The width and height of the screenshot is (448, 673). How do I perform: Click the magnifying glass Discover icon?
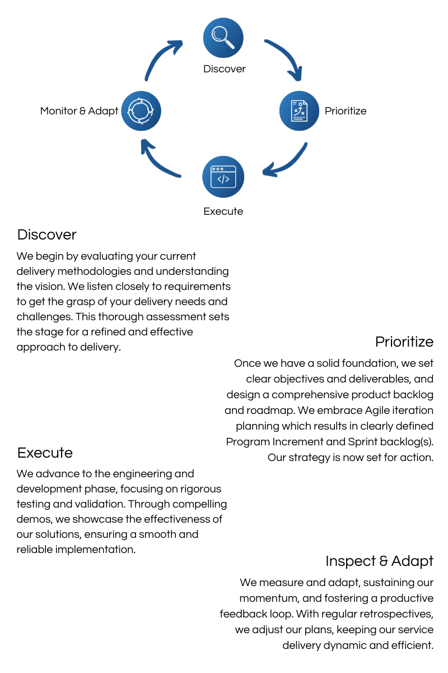[223, 38]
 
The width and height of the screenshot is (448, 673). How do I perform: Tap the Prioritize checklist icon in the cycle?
[299, 110]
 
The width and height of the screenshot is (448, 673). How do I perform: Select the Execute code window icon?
[223, 177]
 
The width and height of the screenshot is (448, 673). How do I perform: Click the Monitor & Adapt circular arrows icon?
[141, 110]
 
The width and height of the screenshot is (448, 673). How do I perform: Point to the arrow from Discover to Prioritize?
[285, 58]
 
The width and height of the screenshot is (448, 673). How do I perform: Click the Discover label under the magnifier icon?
[224, 69]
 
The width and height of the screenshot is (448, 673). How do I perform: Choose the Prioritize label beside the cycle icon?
[346, 111]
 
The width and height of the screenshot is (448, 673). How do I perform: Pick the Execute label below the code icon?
[223, 211]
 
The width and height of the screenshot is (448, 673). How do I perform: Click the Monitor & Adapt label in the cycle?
[79, 111]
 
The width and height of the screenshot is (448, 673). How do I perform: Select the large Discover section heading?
[46, 234]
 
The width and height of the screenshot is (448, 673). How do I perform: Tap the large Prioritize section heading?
[404, 342]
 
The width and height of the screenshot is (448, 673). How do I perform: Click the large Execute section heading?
[45, 453]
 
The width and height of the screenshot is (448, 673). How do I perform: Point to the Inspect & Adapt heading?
[379, 561]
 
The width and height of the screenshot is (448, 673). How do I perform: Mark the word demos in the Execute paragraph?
[31, 519]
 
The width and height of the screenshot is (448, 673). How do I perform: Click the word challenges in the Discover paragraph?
[41, 317]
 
